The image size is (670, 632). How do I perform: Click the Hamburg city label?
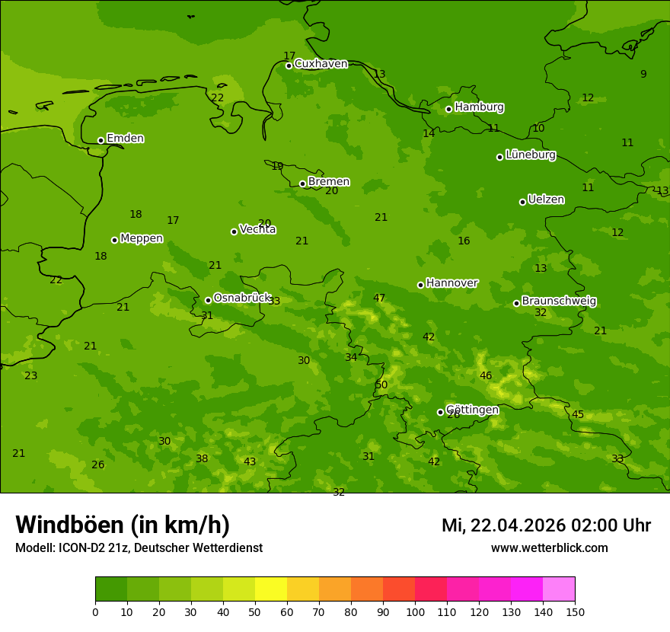(x=479, y=107)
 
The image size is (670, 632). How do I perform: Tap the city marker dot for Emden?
(x=100, y=140)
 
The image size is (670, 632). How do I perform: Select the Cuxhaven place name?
(x=321, y=64)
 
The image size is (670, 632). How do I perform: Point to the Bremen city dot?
(x=302, y=184)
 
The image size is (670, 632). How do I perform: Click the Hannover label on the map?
(x=451, y=283)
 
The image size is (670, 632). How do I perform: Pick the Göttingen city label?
(x=472, y=410)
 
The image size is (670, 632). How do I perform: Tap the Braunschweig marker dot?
(x=516, y=303)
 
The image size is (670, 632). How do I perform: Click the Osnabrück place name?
(x=242, y=298)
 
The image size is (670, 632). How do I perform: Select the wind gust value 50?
(x=381, y=385)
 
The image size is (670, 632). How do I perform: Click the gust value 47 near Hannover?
(x=379, y=298)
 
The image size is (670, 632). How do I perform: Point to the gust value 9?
(x=643, y=75)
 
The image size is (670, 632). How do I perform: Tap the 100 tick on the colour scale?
(x=415, y=611)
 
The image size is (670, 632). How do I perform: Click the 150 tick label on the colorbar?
(x=575, y=611)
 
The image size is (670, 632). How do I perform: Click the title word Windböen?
(x=69, y=525)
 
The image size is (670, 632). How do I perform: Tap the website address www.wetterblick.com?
(x=549, y=548)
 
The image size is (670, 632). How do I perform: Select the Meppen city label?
(x=142, y=238)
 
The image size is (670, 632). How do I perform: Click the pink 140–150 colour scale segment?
(x=559, y=589)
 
